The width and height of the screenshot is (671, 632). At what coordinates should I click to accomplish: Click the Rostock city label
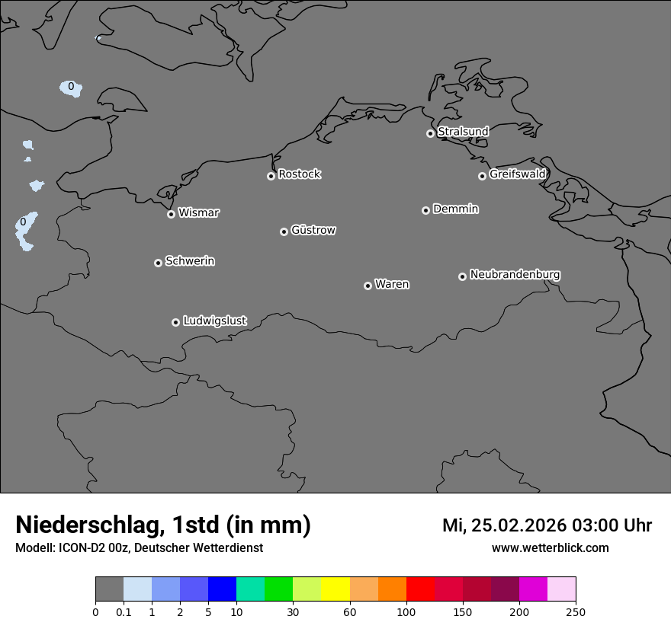[299, 174]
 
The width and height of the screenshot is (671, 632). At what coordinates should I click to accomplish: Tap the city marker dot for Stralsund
[430, 133]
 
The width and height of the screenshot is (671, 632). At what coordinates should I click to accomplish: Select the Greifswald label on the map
[517, 174]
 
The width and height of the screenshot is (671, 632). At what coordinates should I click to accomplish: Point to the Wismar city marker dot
[171, 214]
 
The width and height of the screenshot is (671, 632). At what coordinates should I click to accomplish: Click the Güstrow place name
[313, 230]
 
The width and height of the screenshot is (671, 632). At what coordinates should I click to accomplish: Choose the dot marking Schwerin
[158, 263]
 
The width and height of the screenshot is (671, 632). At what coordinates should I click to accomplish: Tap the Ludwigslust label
[214, 321]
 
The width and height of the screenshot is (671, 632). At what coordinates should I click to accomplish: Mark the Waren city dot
[368, 286]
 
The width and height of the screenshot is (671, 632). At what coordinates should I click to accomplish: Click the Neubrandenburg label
[515, 274]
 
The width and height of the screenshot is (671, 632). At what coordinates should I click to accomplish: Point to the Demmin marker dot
[425, 210]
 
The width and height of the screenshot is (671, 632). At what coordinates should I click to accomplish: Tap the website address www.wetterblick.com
[550, 547]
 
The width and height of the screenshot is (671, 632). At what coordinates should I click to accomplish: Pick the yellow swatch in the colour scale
[335, 589]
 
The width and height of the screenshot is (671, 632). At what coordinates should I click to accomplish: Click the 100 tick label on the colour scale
[406, 611]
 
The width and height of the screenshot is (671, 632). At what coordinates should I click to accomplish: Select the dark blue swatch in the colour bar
[222, 589]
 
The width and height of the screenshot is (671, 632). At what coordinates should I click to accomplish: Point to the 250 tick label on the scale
[576, 611]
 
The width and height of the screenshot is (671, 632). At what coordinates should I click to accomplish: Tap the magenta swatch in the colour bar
[533, 589]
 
